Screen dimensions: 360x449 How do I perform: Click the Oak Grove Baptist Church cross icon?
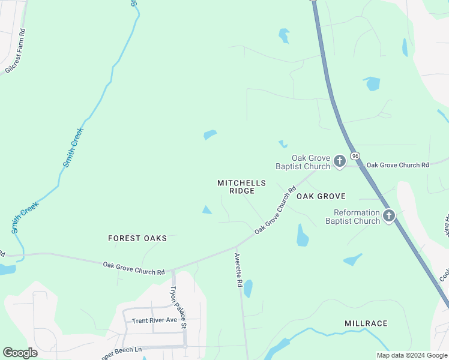point(340,161)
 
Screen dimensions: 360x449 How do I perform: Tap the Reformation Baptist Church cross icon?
point(389,215)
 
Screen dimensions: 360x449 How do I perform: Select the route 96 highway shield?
point(355,156)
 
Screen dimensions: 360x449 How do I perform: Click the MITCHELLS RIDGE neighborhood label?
point(242,187)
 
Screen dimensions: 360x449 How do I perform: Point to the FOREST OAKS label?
point(137,238)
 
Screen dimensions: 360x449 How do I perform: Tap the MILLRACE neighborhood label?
point(366,323)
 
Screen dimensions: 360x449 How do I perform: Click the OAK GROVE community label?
point(321,196)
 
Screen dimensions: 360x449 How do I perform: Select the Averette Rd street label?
point(238,269)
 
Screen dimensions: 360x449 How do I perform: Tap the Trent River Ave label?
point(155,320)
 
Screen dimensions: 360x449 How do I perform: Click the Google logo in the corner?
point(20,353)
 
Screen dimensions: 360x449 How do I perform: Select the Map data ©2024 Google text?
point(412,355)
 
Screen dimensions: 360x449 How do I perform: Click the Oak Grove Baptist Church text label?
point(303,162)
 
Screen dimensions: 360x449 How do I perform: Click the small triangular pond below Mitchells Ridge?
point(206,210)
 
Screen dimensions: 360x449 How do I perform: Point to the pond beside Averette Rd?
point(248,289)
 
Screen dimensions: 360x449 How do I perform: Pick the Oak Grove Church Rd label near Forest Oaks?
point(133,268)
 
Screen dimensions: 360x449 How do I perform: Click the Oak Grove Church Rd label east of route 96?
point(398,165)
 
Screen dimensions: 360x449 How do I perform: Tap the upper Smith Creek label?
point(74,147)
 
